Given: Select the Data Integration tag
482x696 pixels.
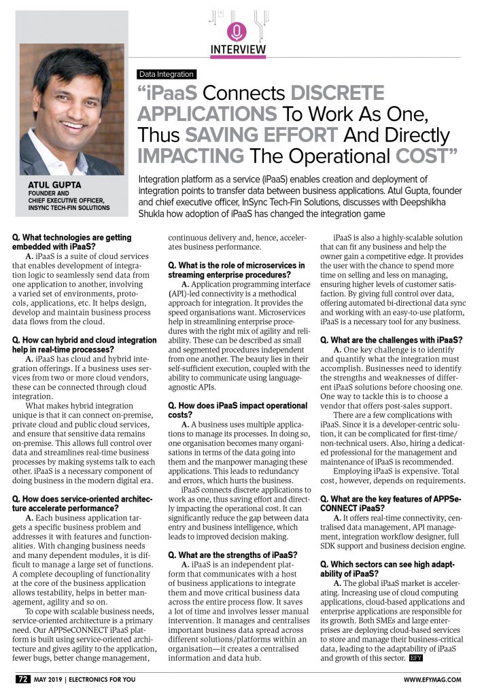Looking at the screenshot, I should (x=166, y=74).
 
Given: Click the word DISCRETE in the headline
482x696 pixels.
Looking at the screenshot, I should (x=338, y=93).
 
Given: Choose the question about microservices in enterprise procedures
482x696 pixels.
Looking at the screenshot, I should (x=236, y=269).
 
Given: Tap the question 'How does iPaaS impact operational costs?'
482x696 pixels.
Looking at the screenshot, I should (x=230, y=410).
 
